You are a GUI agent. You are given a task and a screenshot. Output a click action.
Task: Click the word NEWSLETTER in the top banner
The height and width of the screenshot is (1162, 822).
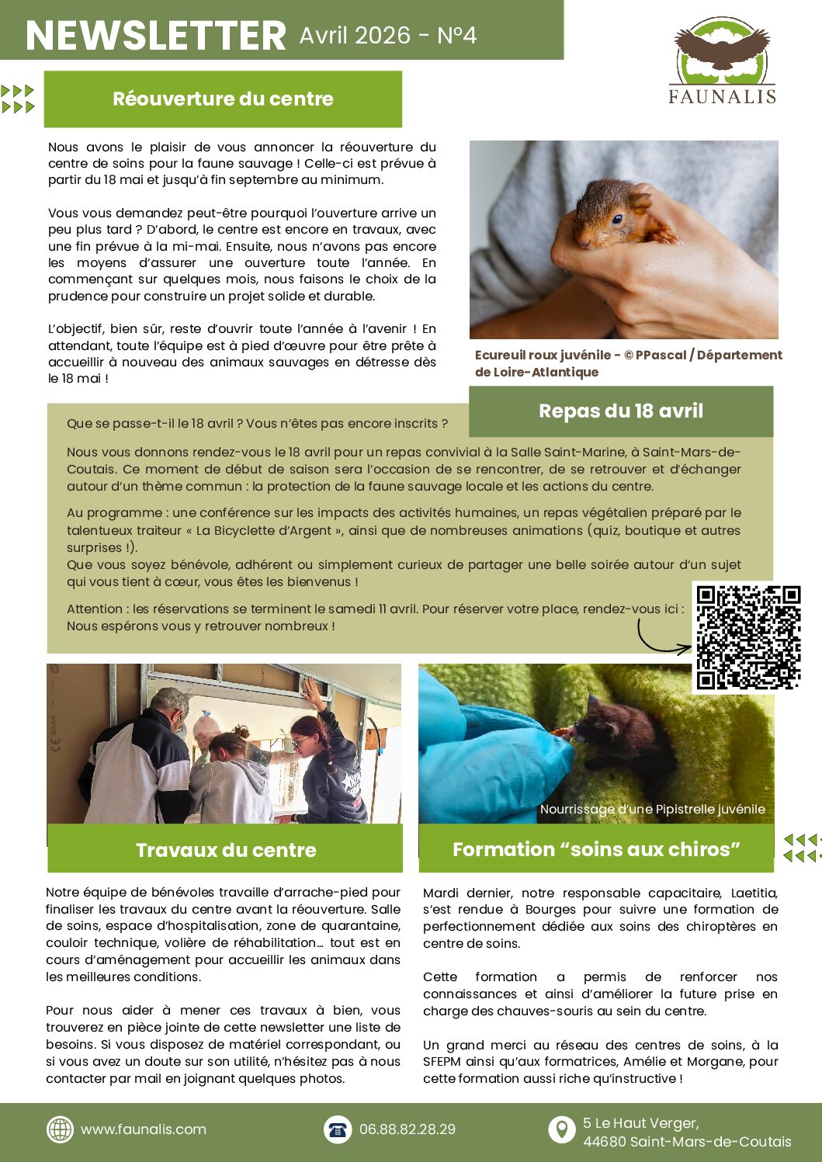[x=156, y=36]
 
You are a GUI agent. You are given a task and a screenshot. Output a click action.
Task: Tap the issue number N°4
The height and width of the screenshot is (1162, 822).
[x=456, y=36]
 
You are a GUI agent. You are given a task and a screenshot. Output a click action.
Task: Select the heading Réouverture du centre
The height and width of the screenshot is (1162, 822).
[x=223, y=99]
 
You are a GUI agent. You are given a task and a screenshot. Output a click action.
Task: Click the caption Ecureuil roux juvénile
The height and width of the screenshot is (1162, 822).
[x=543, y=356]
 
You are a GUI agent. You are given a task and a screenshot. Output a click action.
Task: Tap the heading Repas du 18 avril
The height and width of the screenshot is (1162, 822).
[x=621, y=411]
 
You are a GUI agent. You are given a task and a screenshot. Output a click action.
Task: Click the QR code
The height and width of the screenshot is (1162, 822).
[x=747, y=637]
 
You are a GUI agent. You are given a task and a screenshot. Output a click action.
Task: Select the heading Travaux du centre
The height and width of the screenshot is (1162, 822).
[x=226, y=850]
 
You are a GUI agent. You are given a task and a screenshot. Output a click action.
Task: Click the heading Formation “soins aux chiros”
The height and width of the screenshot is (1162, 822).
[x=596, y=849]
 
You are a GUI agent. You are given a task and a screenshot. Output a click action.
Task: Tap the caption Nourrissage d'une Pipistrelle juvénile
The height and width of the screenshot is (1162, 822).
[x=652, y=810]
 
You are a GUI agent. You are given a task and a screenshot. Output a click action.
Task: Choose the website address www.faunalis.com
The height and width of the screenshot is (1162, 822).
[x=144, y=1129]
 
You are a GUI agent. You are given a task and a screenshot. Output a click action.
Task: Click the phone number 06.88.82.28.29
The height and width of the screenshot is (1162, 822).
[x=408, y=1129]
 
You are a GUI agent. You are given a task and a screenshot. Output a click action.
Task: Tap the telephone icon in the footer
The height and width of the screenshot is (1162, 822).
[x=338, y=1129]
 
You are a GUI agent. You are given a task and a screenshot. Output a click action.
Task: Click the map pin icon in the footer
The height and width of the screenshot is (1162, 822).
[x=561, y=1129]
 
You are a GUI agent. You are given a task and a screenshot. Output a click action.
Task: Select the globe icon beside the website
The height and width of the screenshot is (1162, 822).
[x=60, y=1129]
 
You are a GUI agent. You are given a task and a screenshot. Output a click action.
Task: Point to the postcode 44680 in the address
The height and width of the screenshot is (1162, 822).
[x=604, y=1142]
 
